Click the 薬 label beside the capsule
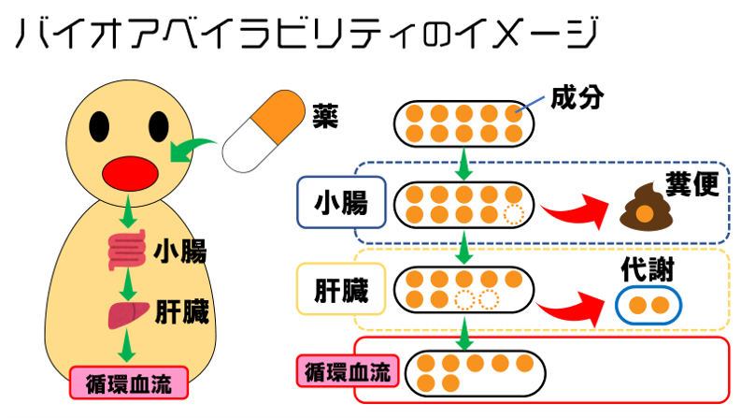click(x=325, y=117)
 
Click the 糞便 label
click(x=691, y=185)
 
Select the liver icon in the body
click(x=127, y=314)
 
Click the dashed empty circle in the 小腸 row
click(x=512, y=215)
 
